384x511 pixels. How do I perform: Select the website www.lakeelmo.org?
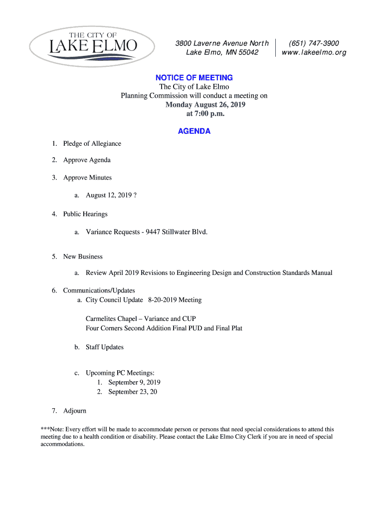pos(314,52)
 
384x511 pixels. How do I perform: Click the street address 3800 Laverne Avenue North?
pos(222,43)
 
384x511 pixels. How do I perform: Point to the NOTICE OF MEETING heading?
pos(194,77)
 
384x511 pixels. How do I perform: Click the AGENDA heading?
pos(194,131)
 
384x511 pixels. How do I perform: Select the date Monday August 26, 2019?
pos(205,105)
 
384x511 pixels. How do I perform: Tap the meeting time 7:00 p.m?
pos(204,114)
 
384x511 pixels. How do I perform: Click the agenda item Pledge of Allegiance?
pos(92,144)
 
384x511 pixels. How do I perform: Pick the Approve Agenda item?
pos(87,160)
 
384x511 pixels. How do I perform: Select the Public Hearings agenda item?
pos(85,214)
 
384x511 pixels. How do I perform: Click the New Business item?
pos(83,256)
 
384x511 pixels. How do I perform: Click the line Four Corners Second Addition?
pos(138,328)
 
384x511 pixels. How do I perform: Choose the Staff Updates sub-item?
pos(105,347)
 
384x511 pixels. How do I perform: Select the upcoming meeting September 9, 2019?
pos(134,383)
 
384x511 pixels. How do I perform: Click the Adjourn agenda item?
pos(75,411)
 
